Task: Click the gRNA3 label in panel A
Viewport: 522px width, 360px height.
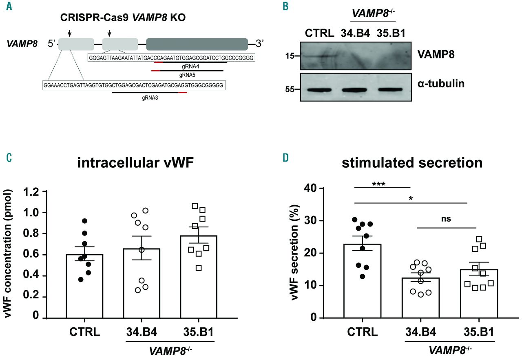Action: click(x=150, y=98)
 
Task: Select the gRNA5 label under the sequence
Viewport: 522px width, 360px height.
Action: click(x=188, y=75)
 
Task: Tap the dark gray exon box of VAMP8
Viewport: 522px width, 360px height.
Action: click(x=197, y=44)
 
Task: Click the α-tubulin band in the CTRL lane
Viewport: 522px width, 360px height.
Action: click(x=320, y=90)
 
